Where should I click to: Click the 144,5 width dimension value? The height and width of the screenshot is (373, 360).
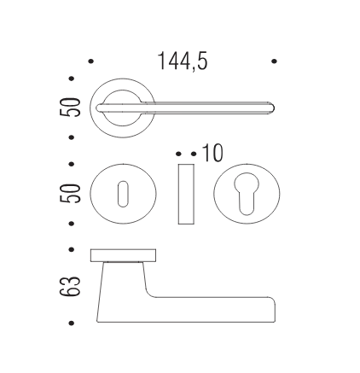click(183, 61)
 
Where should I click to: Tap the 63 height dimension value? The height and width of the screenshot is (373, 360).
click(70, 286)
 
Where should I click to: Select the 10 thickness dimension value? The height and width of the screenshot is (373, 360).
click(212, 153)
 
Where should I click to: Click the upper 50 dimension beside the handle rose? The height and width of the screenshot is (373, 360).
click(70, 107)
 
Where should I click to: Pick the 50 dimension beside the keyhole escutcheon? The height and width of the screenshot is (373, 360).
click(70, 194)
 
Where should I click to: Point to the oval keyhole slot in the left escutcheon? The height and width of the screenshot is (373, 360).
click(123, 194)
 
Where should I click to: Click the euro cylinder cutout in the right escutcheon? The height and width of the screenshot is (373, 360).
click(247, 194)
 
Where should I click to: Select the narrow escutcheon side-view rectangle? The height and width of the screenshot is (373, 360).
click(186, 194)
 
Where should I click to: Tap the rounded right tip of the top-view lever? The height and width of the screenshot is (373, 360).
click(272, 108)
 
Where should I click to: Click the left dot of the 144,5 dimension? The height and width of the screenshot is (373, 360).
click(91, 61)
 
